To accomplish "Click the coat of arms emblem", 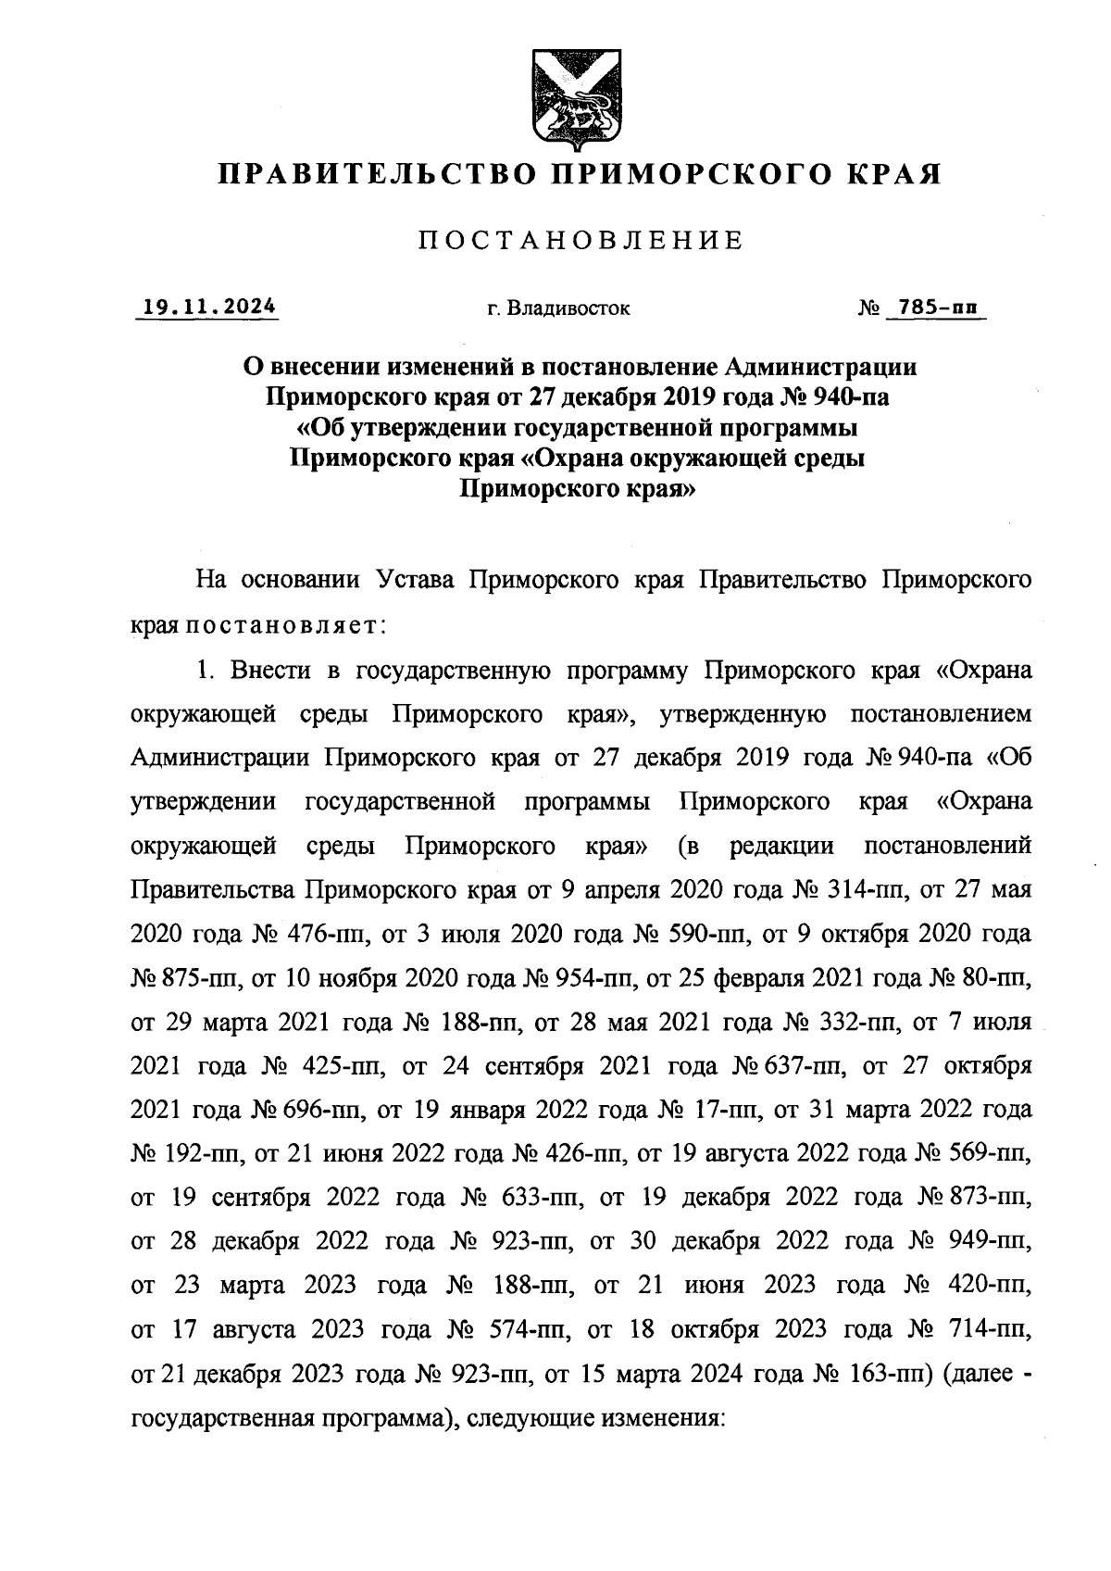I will pos(568,96).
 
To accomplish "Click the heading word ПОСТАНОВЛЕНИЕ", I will pos(580,241).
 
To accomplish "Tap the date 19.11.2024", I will pos(207,307).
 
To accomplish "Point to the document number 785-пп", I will pos(933,307).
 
